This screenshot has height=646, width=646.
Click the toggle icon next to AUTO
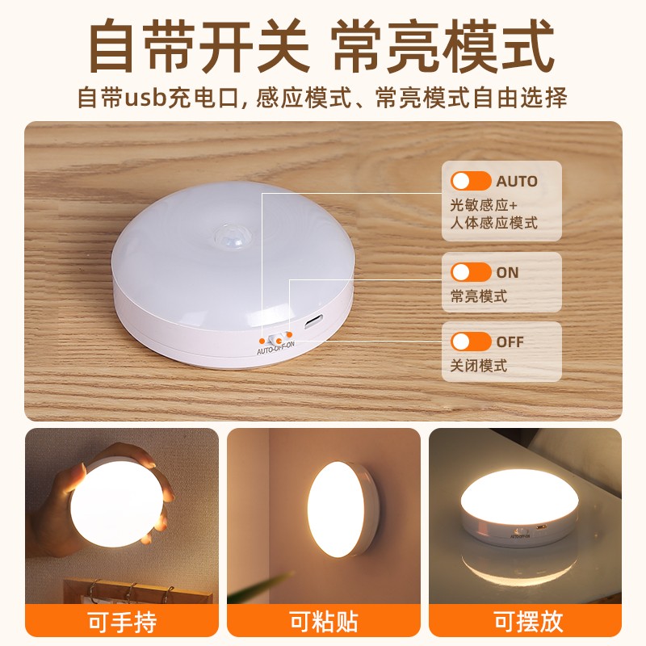(471, 181)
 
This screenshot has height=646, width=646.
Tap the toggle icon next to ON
(471, 272)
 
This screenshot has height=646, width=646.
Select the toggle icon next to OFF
(471, 342)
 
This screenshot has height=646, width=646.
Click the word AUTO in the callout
(517, 181)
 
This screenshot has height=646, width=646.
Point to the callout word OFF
(510, 342)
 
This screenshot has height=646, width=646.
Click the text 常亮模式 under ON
(478, 296)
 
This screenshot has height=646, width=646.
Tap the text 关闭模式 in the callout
(478, 366)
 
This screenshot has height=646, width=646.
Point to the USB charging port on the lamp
(313, 321)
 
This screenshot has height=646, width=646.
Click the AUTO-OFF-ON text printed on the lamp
(275, 348)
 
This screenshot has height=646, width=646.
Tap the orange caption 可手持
(122, 622)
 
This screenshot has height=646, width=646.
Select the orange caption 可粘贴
(324, 621)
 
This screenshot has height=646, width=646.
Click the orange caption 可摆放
(528, 621)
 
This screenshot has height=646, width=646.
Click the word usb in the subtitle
(145, 98)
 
